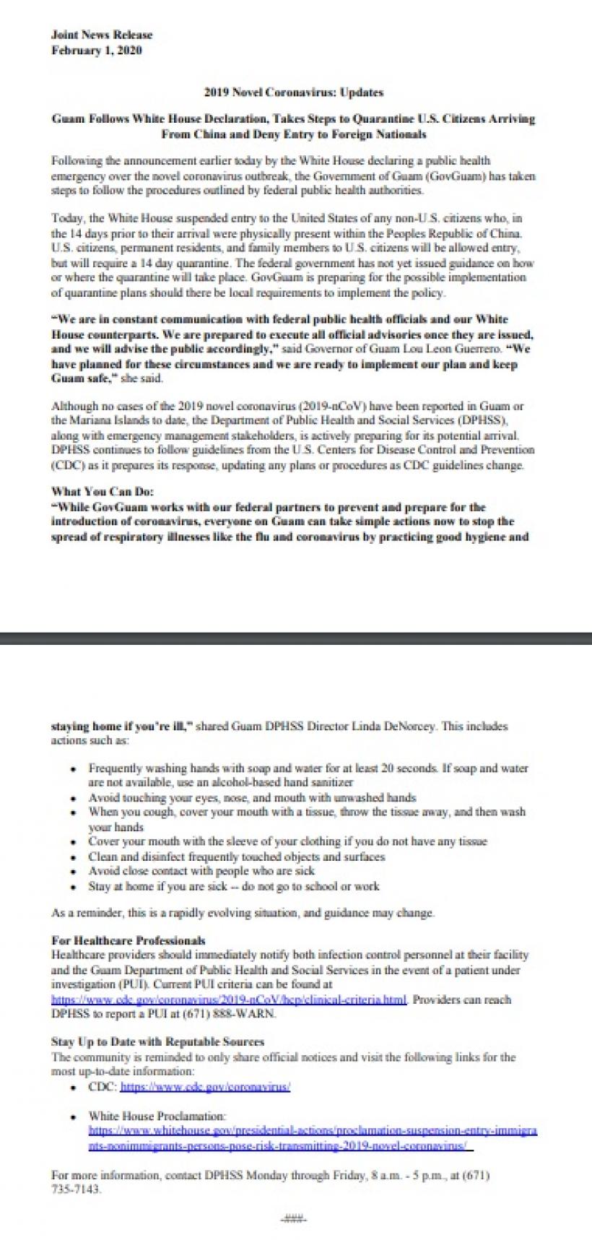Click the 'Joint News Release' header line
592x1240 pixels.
[102, 35]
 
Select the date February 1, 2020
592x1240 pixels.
[97, 51]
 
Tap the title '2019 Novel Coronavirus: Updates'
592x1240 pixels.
[293, 92]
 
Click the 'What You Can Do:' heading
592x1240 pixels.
[102, 492]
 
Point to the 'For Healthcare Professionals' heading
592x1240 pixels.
[129, 940]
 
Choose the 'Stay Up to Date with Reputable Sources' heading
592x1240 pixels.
[157, 1042]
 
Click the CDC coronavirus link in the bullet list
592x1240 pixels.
[205, 1086]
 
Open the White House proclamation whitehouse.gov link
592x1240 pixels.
[312, 1137]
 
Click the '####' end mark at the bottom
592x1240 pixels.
[293, 1219]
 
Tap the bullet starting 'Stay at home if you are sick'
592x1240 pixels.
[233, 886]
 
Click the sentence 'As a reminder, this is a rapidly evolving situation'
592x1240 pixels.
[243, 913]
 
